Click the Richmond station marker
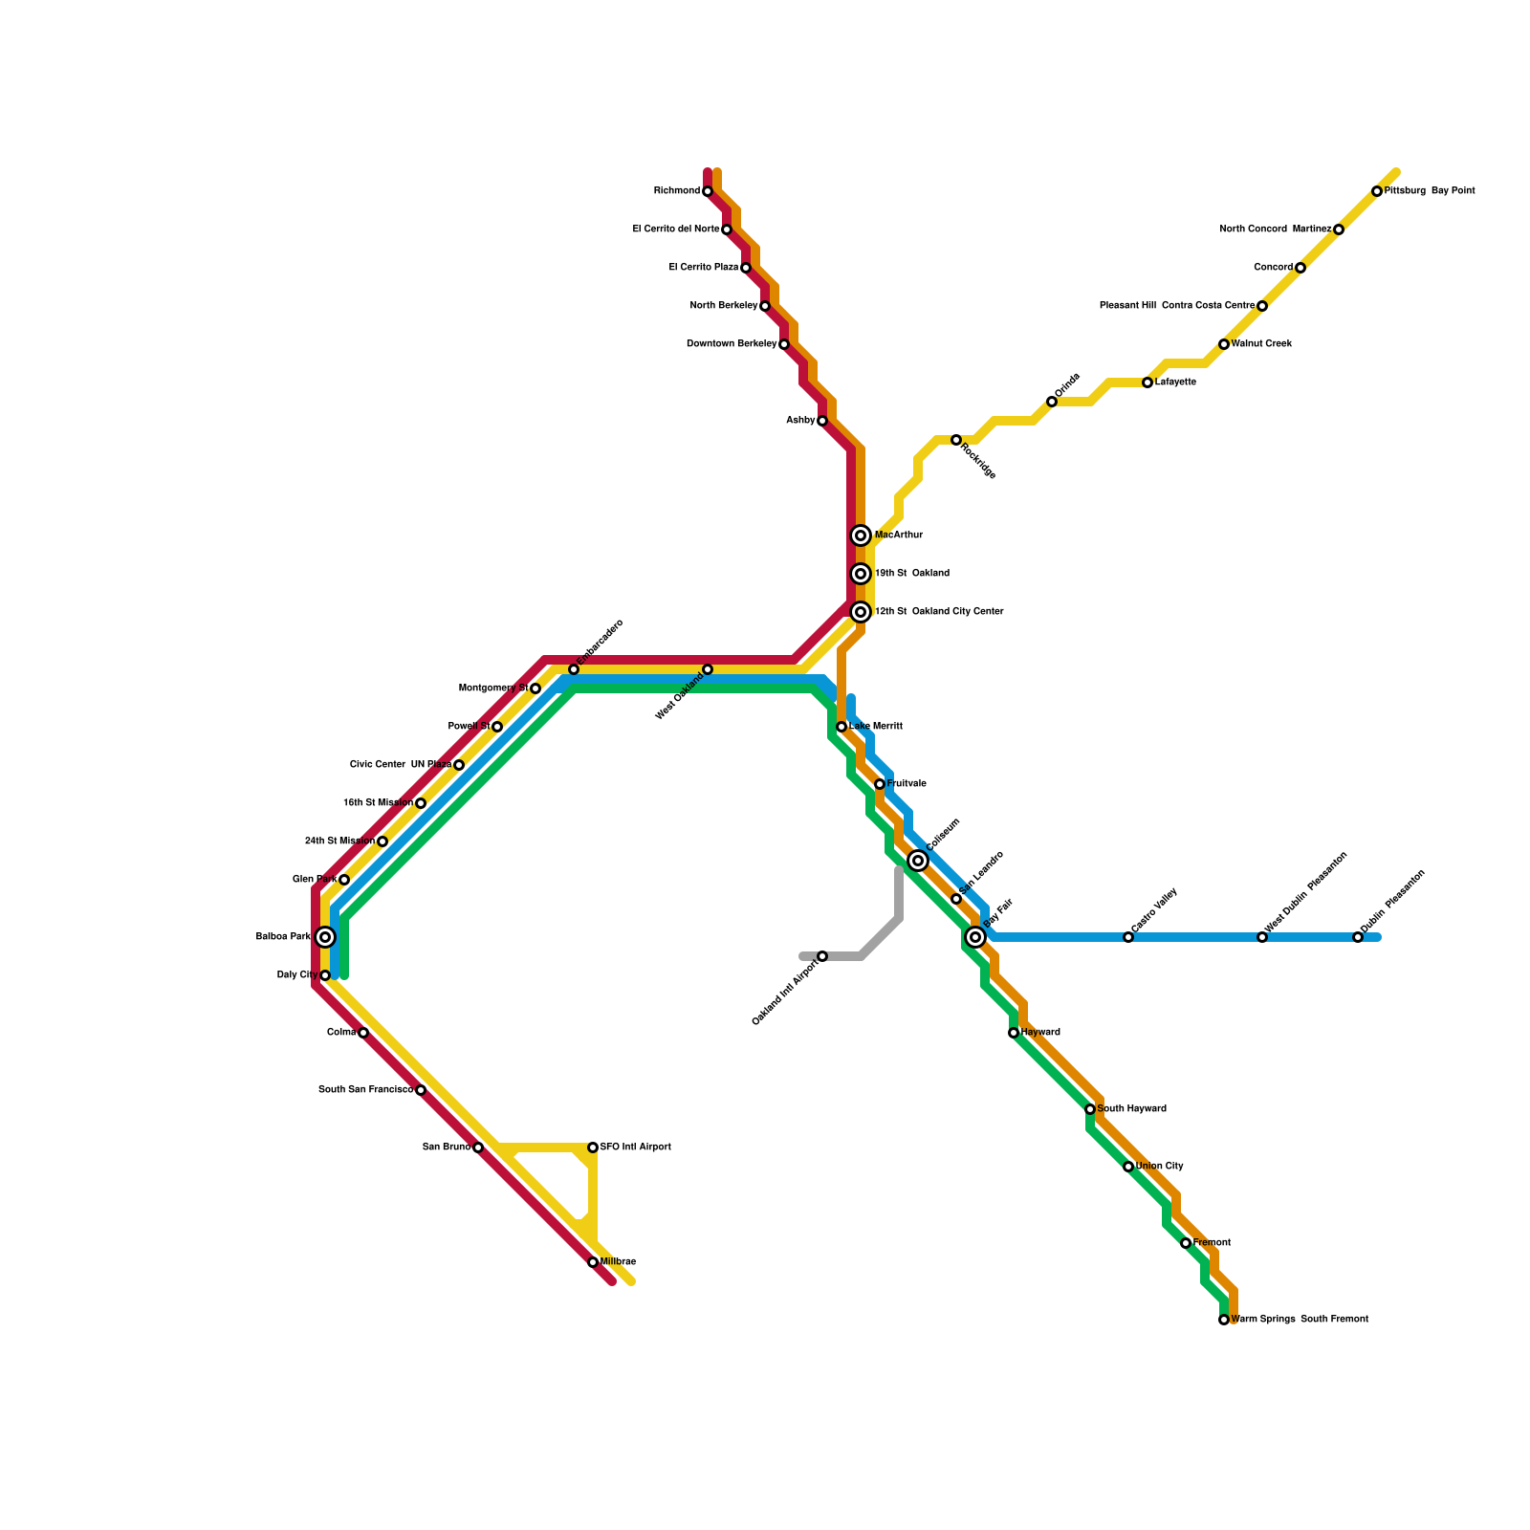click(x=708, y=191)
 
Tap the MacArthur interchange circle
click(x=861, y=535)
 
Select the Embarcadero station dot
click(x=574, y=669)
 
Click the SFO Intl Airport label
click(x=635, y=1147)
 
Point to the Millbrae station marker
click(x=593, y=1262)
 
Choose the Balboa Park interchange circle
click(x=325, y=937)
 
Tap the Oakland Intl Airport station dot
click(x=822, y=956)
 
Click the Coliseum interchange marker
click(x=918, y=861)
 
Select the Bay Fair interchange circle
click(x=975, y=937)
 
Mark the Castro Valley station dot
click(x=1128, y=937)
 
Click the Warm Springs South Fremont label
click(x=1300, y=1320)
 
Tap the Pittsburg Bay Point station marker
click(x=1377, y=191)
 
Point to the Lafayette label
click(x=1175, y=382)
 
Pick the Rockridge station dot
click(x=956, y=440)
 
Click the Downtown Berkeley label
click(x=732, y=344)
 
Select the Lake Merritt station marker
click(x=841, y=727)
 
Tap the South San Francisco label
click(x=366, y=1090)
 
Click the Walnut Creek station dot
click(x=1224, y=344)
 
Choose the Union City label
click(x=1160, y=1167)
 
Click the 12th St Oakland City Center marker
click(x=861, y=612)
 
